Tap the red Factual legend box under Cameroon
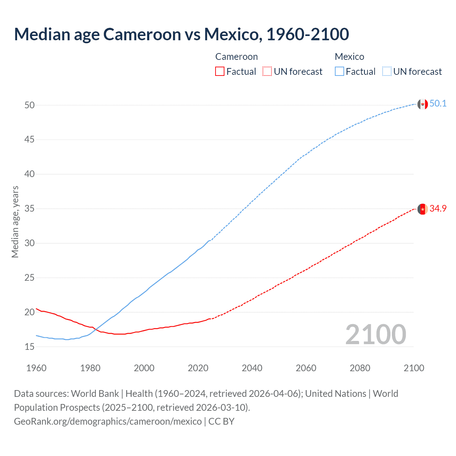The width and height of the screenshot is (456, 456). (x=220, y=72)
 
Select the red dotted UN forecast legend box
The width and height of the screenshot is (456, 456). (x=267, y=72)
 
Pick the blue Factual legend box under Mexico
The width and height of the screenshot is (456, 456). (x=339, y=72)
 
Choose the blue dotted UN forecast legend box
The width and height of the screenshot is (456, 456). (x=387, y=72)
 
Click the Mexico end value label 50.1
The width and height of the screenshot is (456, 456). (x=438, y=104)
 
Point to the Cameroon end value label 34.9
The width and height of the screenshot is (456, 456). (x=438, y=209)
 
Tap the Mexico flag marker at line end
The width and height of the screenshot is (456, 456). (x=423, y=104)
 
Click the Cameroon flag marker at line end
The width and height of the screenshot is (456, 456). (x=423, y=209)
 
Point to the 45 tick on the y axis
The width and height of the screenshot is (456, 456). (x=30, y=140)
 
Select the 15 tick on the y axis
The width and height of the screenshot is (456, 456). (x=30, y=347)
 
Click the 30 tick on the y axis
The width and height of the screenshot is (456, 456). (x=30, y=243)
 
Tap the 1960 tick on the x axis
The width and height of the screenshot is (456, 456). (x=36, y=368)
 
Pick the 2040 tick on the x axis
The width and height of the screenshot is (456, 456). (x=252, y=368)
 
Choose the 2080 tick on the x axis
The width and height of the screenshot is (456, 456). (x=360, y=368)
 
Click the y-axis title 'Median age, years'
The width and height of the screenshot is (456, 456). (x=15, y=222)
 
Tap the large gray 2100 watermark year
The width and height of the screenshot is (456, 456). (x=375, y=335)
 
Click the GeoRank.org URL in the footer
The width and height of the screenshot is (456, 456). (x=108, y=421)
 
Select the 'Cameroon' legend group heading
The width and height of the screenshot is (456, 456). (x=236, y=57)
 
